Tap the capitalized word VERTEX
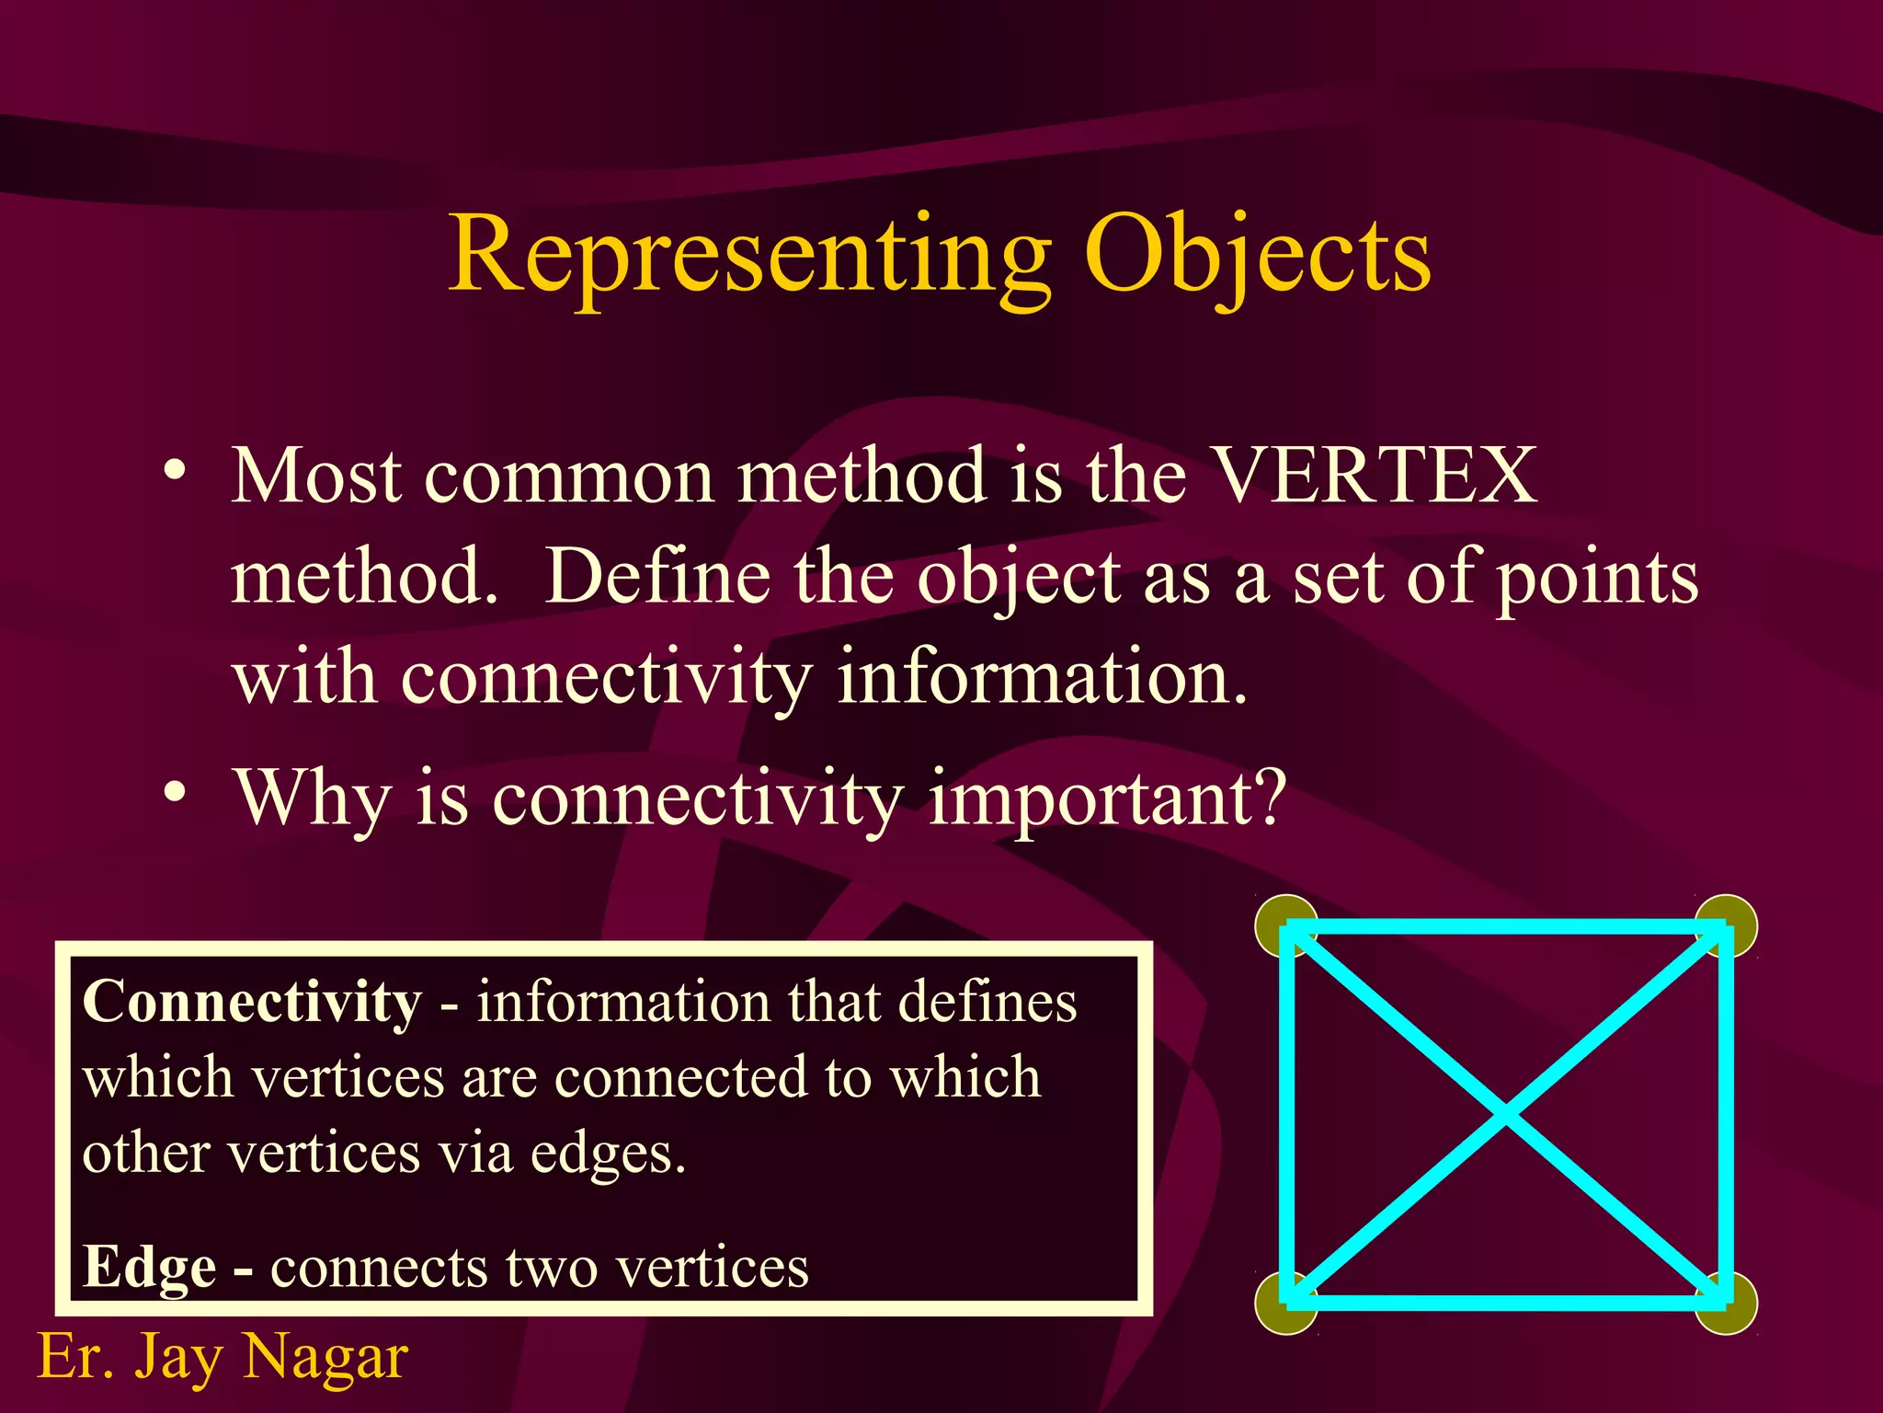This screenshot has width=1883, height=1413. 1374,476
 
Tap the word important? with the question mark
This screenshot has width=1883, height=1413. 1106,798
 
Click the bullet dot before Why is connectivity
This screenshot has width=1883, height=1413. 176,791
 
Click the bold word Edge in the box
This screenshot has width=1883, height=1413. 149,1268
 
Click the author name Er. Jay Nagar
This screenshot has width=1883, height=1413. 223,1357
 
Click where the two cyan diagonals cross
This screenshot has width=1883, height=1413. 1506,1115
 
